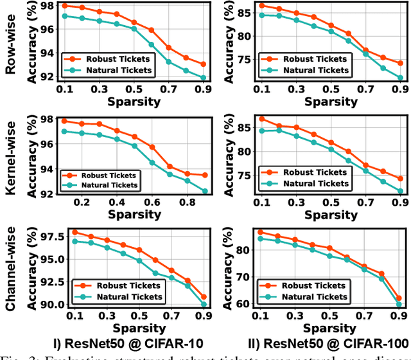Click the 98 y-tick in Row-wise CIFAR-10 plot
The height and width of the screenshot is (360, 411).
point(46,6)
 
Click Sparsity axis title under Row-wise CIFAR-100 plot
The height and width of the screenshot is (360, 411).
point(331,101)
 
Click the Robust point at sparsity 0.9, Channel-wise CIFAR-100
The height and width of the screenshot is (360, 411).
point(399,299)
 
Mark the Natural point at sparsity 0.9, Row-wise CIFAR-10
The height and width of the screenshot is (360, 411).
point(203,78)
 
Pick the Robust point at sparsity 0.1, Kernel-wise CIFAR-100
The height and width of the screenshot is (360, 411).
point(261,119)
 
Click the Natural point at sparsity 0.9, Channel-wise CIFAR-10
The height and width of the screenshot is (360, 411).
point(204,305)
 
